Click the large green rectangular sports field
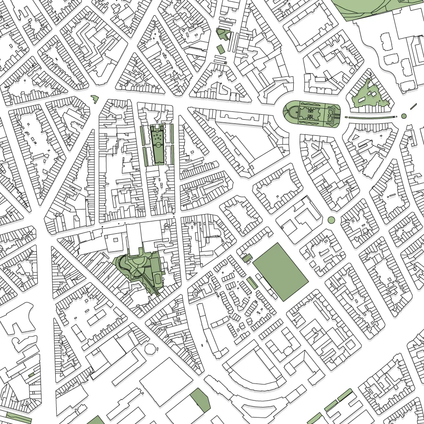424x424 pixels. (280, 272)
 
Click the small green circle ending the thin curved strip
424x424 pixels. (404, 116)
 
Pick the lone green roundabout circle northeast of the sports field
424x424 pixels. (331, 220)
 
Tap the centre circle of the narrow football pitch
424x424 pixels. (158, 145)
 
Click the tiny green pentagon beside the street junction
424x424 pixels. (95, 98)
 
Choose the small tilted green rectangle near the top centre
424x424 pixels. (221, 48)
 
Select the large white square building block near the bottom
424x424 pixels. (166, 382)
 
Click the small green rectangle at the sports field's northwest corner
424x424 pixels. (247, 258)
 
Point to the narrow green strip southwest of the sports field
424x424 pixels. (252, 283)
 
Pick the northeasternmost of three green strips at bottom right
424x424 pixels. (345, 395)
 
